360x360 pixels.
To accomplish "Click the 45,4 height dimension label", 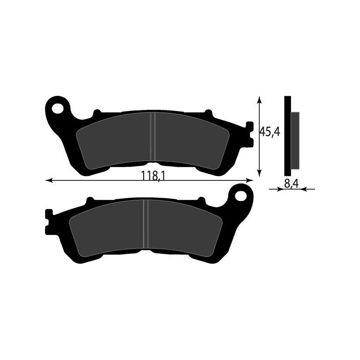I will pos(269,132).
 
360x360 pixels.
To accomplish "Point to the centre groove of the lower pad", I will pos(145,224).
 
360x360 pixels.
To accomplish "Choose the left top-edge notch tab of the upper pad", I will pos(96,112).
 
